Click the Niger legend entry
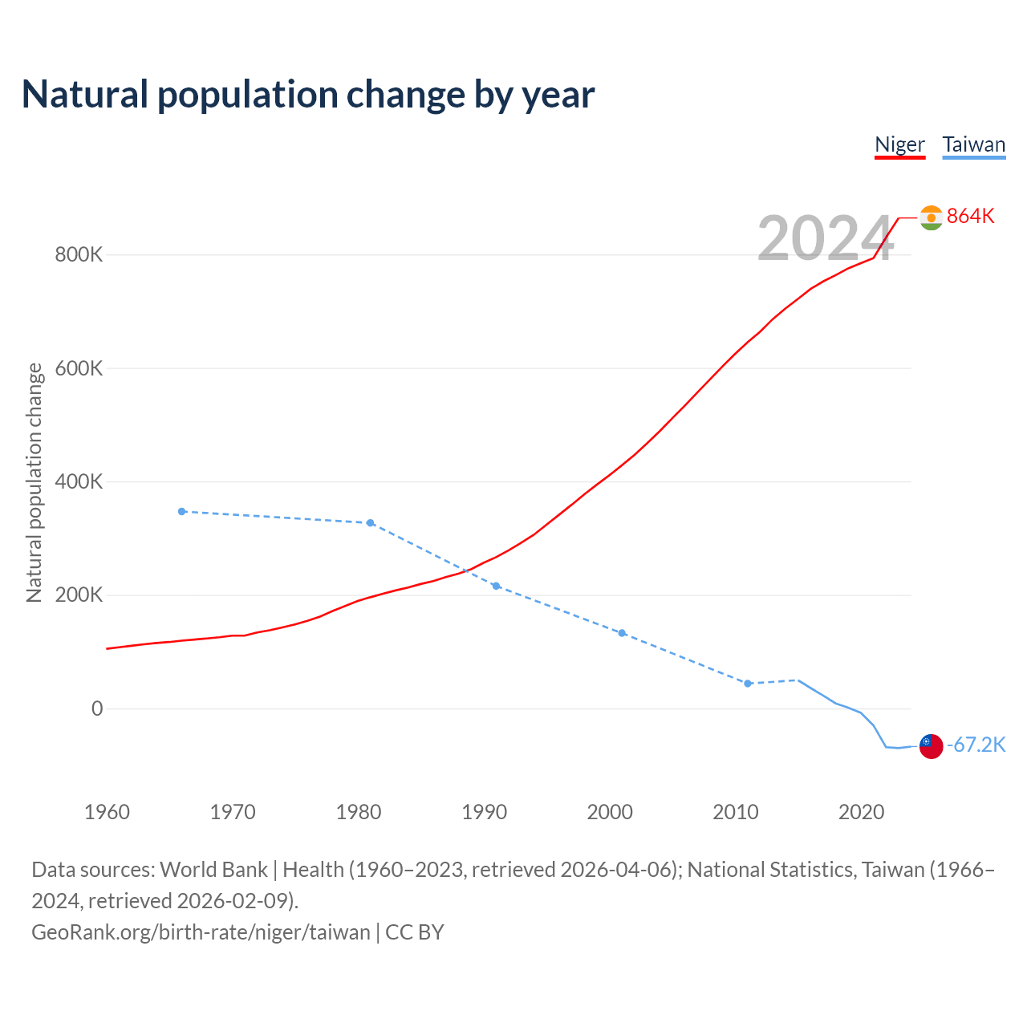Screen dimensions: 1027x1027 coord(899,145)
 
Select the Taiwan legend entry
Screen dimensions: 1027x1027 coord(973,145)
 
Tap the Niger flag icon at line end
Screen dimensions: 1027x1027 coord(931,217)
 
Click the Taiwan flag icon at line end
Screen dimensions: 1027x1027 coord(931,746)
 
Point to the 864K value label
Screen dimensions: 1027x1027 coord(970,216)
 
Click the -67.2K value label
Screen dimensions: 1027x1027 coord(976,745)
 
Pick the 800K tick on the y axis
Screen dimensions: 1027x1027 coord(79,255)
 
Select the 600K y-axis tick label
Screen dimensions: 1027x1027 coord(79,368)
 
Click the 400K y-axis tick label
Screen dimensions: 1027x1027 coord(79,482)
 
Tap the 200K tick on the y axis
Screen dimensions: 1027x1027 coord(79,595)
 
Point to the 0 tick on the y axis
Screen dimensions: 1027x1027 coord(97,708)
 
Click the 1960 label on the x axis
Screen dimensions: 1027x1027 coord(107,812)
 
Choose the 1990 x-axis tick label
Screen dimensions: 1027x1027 coord(485,812)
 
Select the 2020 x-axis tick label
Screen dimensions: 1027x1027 coord(861,812)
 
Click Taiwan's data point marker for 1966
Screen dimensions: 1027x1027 coord(182,511)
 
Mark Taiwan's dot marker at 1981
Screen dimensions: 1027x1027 coord(371,523)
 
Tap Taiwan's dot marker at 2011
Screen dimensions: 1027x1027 coord(748,684)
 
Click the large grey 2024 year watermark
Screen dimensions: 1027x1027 coord(825,239)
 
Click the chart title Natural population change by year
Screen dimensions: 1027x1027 coord(308,95)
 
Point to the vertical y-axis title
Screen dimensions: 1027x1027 coord(35,482)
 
